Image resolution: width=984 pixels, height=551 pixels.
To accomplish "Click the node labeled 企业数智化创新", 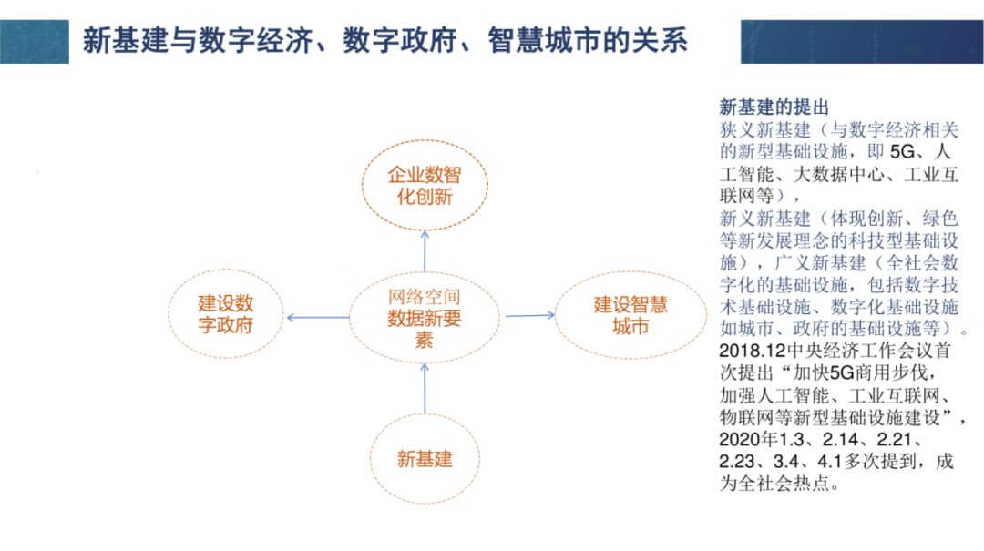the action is (x=424, y=185).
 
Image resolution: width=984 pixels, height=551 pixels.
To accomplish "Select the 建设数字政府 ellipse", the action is (x=226, y=313).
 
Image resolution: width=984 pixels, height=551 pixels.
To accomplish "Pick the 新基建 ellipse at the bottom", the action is (x=425, y=458).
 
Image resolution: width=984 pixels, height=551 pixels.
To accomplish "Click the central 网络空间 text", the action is (x=425, y=296).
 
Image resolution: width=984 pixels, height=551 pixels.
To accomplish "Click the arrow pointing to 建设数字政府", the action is (x=317, y=317).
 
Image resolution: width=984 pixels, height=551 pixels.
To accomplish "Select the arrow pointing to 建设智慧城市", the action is (x=529, y=315).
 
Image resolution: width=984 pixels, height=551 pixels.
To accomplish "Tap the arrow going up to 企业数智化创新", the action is (x=425, y=247).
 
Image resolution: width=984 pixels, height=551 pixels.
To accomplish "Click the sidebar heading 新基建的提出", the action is (x=762, y=106).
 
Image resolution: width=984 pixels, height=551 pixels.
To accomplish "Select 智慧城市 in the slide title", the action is (x=526, y=41).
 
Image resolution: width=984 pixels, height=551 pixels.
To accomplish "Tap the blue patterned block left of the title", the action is (x=35, y=41).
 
